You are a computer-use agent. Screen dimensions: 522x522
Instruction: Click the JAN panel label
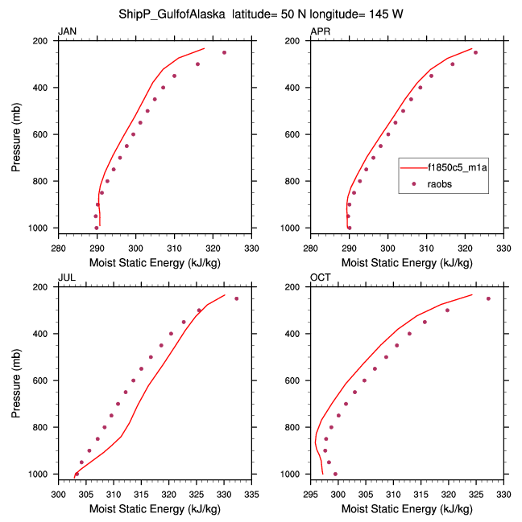point(67,31)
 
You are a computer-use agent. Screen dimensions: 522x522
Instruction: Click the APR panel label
point(320,31)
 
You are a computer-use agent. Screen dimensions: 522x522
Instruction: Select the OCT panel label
point(320,277)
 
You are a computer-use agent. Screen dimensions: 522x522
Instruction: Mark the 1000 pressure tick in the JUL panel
point(41,475)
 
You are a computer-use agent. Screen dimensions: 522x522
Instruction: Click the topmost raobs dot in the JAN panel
point(225,52)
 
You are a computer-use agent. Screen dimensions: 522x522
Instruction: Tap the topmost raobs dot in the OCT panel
point(488,298)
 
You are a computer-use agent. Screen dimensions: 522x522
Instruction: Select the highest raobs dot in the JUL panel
point(236,298)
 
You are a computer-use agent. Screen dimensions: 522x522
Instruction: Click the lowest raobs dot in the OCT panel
point(335,474)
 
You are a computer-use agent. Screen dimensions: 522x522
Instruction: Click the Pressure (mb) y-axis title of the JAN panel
point(16,134)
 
